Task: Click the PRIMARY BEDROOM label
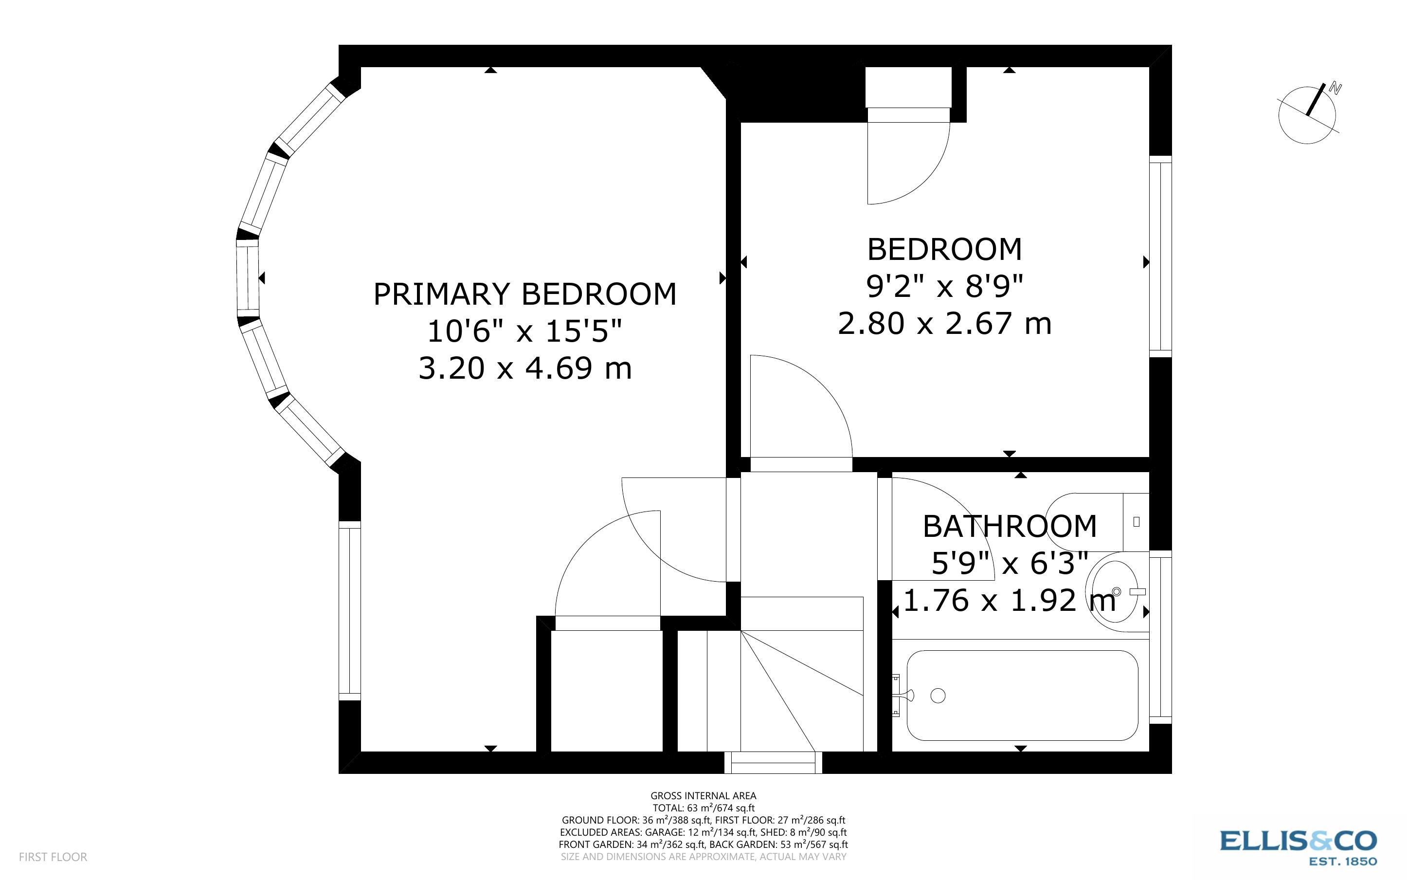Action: (x=524, y=294)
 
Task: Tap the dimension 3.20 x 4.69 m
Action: (x=524, y=368)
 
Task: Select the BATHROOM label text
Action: (x=1010, y=526)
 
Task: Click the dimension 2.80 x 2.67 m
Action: (x=944, y=324)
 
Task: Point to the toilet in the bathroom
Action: (x=1093, y=521)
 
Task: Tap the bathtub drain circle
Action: (x=938, y=695)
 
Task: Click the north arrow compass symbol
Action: (x=1307, y=115)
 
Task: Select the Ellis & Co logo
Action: (x=1298, y=847)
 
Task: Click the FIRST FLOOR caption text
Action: (x=53, y=857)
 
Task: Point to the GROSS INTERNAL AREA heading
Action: (x=703, y=796)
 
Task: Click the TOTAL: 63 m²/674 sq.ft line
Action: (x=703, y=808)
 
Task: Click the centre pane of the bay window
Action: (x=247, y=278)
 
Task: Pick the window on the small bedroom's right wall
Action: (x=1160, y=256)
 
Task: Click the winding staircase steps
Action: (x=803, y=687)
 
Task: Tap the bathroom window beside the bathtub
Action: (x=1160, y=637)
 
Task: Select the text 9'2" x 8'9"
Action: (x=944, y=286)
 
